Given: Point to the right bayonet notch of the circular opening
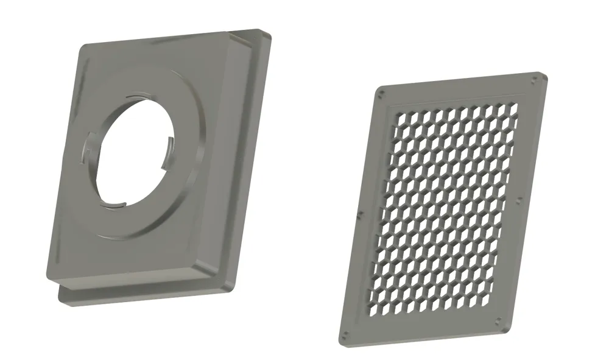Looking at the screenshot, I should point(171,146).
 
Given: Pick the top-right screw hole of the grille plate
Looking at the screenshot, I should point(535,79).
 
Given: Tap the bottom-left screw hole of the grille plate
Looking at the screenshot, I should point(345,334).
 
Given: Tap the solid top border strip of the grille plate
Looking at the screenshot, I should point(457,91).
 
